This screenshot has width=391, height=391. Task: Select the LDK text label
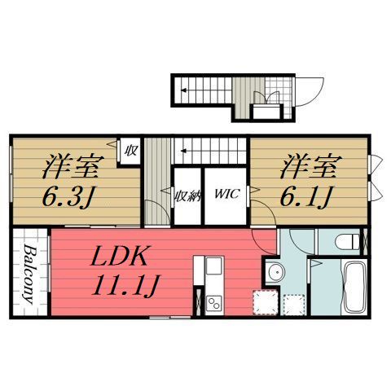(118, 259)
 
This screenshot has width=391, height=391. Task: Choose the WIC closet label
(226, 195)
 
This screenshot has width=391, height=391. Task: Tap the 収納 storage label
(187, 195)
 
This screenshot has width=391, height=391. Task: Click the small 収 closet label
(130, 151)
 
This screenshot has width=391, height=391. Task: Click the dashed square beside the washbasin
(262, 305)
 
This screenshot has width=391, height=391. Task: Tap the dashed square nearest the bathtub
(292, 305)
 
